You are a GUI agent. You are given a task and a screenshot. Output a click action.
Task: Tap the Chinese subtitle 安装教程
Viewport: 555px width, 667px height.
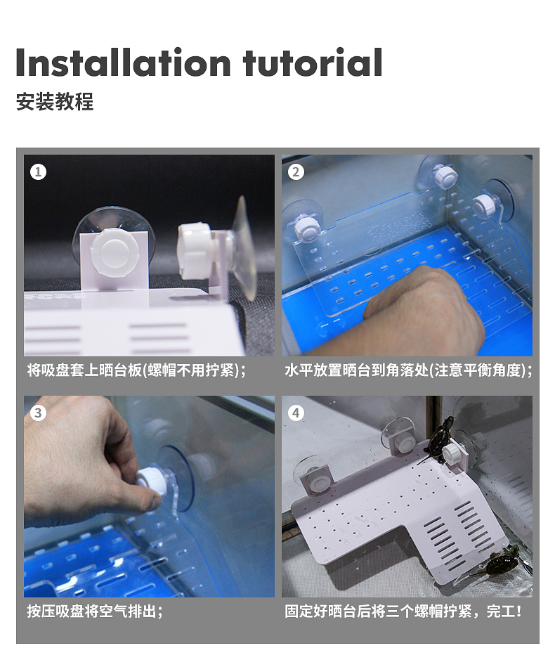(54, 102)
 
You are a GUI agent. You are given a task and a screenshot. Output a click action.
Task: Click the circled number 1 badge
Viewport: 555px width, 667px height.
(38, 172)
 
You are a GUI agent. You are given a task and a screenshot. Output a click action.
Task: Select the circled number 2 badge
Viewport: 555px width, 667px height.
(296, 172)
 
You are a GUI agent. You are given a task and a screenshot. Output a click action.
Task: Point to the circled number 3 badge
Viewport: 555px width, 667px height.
(38, 413)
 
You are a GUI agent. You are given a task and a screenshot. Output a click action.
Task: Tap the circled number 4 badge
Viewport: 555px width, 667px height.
(296, 413)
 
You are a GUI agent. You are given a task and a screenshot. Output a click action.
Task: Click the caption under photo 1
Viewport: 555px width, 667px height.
(137, 370)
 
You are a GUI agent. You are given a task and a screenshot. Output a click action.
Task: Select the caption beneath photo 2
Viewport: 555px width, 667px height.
(409, 370)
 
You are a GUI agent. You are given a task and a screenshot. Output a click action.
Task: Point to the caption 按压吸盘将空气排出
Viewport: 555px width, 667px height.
(95, 611)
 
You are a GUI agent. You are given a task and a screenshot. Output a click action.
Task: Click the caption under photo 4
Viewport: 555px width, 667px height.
(403, 611)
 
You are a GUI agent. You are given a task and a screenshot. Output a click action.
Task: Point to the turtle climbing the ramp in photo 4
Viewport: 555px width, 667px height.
(502, 561)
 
